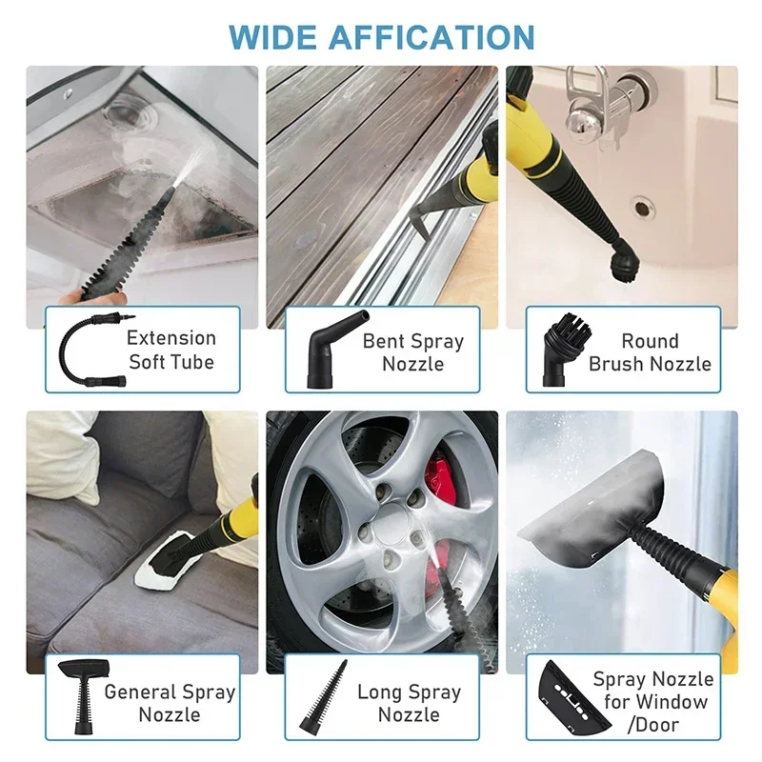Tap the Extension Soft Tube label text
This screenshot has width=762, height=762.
pyautogui.click(x=171, y=350)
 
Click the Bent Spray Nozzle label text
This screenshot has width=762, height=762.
pyautogui.click(x=412, y=352)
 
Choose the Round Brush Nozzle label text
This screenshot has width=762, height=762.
pyautogui.click(x=650, y=352)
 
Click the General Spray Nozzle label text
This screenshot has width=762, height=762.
pyautogui.click(x=170, y=703)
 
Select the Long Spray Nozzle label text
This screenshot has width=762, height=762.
pyautogui.click(x=409, y=703)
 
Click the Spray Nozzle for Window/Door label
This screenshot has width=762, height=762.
pyautogui.click(x=655, y=703)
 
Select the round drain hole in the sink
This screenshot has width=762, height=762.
pyautogui.click(x=642, y=205)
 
